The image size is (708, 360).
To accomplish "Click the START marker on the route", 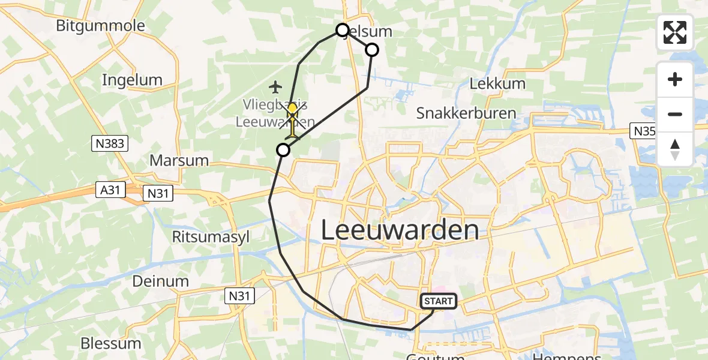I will click(x=439, y=301).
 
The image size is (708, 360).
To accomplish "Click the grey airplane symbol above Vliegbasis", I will click(x=275, y=88).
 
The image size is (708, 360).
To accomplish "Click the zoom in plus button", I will click(x=675, y=79).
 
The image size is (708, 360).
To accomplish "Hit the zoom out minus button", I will click(x=675, y=114).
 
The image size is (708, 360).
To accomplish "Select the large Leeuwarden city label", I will click(x=400, y=230).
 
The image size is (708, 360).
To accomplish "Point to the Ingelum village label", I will click(x=132, y=80).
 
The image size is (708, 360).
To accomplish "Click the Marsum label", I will click(x=179, y=160).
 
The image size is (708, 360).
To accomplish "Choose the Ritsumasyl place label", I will click(x=206, y=236).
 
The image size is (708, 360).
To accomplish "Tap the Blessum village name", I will click(x=111, y=343).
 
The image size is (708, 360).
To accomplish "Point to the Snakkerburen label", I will click(x=466, y=113).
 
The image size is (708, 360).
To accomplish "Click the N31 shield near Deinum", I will click(x=240, y=295).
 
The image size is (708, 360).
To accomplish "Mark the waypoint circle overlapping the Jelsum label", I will click(x=342, y=30).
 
